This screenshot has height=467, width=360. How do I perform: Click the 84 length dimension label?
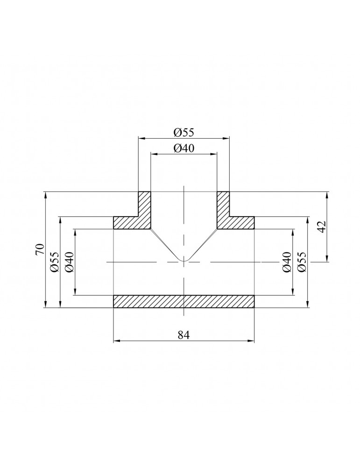184,335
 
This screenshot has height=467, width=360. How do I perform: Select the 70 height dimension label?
40,249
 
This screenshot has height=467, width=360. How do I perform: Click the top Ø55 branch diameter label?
184,132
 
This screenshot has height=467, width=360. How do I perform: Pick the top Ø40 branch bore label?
184,148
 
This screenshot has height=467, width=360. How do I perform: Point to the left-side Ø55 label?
55,262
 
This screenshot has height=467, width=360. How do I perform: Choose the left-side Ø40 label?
69,262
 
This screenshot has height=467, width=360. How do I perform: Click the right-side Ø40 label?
286,262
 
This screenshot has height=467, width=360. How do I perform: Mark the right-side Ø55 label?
301,262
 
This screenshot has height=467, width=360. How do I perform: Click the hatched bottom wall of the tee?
184,301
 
